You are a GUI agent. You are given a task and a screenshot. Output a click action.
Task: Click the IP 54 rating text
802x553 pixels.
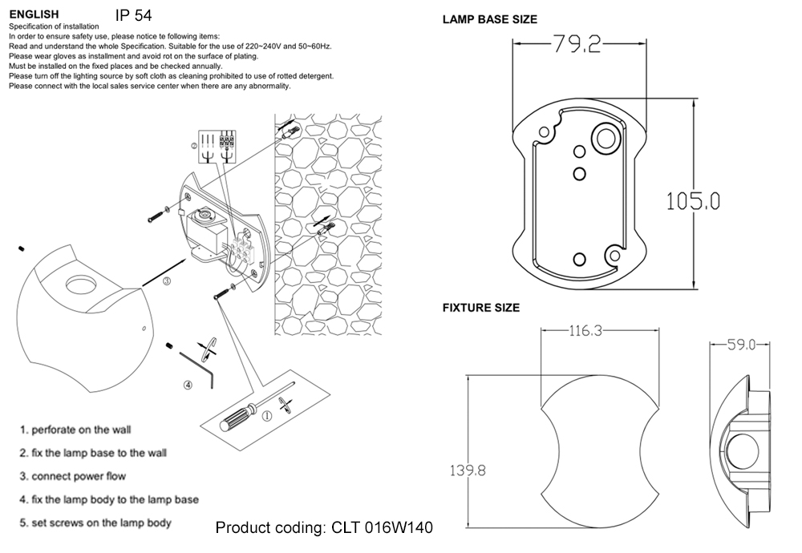pyautogui.click(x=133, y=15)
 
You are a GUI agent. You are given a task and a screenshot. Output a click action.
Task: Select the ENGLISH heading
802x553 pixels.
pyautogui.click(x=33, y=14)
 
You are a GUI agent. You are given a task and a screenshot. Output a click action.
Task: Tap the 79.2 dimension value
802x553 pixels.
pyautogui.click(x=576, y=46)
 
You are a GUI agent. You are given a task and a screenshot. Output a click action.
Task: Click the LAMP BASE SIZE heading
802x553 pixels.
pyautogui.click(x=490, y=19)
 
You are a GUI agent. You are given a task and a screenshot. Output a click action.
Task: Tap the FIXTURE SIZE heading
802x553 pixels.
pyautogui.click(x=481, y=308)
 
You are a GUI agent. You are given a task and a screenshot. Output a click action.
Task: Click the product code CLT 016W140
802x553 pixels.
pyautogui.click(x=324, y=528)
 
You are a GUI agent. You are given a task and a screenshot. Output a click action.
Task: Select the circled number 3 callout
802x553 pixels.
pyautogui.click(x=166, y=281)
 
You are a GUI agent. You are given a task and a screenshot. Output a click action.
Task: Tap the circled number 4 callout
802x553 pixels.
pyautogui.click(x=188, y=385)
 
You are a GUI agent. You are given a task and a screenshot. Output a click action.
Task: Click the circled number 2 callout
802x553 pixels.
pyautogui.click(x=193, y=147)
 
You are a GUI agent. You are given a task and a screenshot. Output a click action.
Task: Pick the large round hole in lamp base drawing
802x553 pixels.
pyautogui.click(x=604, y=138)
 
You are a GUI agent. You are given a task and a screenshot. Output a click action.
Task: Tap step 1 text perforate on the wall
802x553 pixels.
pyautogui.click(x=75, y=430)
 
